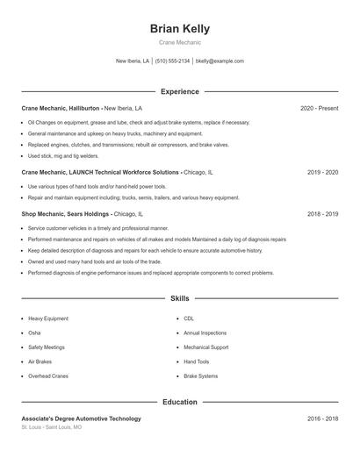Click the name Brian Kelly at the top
180,29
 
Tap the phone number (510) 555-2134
173,61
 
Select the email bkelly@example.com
220,61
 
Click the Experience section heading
180,91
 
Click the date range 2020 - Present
319,108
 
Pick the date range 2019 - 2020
322,173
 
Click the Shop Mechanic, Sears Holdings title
66,213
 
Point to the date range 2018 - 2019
322,213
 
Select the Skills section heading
180,299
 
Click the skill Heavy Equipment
48,318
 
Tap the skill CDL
189,318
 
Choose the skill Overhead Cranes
48,376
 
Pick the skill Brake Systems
201,376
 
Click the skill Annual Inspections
205,333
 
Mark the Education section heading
180,402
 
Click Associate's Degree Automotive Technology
81,418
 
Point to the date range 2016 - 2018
322,418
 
